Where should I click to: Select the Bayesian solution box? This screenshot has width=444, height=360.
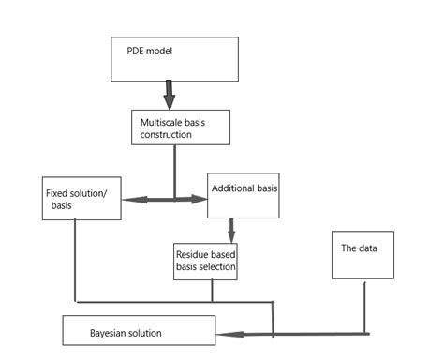click(x=139, y=332)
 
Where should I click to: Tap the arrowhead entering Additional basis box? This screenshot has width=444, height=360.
click(x=200, y=199)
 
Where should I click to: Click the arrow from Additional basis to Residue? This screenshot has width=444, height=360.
click(x=230, y=231)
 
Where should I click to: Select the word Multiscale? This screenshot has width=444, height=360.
click(x=158, y=122)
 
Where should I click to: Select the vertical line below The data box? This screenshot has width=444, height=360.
click(x=367, y=306)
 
